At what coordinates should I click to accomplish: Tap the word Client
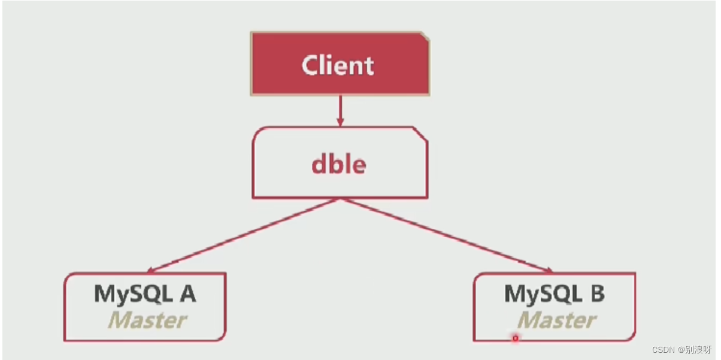coord(338,65)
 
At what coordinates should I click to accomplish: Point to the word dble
coord(338,164)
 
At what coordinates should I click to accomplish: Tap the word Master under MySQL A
coord(147,320)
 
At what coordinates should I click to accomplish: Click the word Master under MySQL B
coord(556,320)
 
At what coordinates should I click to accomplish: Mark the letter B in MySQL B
coord(596,294)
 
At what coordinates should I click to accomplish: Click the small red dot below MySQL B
coord(514,338)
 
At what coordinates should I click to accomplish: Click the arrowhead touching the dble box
coord(340,122)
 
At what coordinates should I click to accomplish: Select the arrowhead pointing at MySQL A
coord(152,270)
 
